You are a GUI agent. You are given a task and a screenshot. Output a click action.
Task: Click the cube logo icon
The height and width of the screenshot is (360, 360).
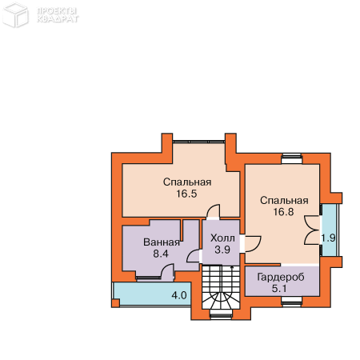tap(15, 15)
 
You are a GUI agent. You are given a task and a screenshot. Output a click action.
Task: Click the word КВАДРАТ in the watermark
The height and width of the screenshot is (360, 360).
tap(58, 19)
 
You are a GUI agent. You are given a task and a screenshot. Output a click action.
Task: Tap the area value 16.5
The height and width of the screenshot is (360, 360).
tap(186, 194)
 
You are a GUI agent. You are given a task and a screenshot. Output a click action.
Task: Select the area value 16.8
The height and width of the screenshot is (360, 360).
tap(283, 212)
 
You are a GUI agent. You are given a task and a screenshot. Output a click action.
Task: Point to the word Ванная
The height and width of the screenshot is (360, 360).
tap(162, 242)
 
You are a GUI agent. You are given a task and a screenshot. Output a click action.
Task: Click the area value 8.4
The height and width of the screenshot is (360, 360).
tap(161, 254)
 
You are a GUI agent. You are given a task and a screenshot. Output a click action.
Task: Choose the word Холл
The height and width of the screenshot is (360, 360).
tap(222, 238)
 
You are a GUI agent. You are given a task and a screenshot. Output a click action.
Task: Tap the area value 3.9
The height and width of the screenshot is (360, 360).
tap(222, 250)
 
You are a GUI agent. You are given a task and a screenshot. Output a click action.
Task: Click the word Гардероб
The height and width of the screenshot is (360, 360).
tap(281, 278)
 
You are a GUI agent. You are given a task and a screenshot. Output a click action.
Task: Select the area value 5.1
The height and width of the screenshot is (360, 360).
tap(279, 289)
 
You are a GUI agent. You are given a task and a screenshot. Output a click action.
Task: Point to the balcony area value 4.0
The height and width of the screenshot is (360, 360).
tap(179, 295)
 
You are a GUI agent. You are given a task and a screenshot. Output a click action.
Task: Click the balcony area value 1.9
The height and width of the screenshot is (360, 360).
tap(328, 238)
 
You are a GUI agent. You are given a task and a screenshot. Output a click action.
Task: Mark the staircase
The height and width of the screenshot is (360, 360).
tap(221, 286)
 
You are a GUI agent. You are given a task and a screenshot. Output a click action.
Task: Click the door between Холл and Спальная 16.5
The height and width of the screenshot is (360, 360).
tap(213, 212)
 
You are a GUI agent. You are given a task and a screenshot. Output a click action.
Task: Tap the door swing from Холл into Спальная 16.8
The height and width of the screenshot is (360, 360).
tap(251, 243)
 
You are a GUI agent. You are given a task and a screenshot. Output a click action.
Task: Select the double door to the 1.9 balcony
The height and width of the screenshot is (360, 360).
tap(312, 230)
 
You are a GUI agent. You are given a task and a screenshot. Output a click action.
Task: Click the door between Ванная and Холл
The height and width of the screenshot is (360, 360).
tap(193, 256)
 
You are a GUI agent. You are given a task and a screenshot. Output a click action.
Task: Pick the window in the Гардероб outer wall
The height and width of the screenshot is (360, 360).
tap(292, 301)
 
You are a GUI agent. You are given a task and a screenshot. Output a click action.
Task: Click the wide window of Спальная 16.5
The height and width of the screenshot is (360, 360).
tap(199, 142)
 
